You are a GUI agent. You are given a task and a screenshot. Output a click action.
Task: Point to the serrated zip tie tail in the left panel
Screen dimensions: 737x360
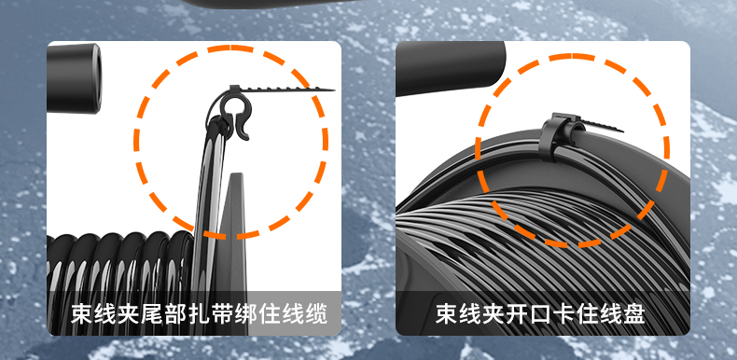pyautogui.click(x=282, y=89)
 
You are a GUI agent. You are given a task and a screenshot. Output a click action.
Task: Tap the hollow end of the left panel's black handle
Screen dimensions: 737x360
pyautogui.click(x=95, y=77)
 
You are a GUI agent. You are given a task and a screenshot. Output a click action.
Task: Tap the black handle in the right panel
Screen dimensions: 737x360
pyautogui.click(x=451, y=67)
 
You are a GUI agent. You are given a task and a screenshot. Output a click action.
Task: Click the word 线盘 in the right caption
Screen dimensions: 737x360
pyautogui.click(x=621, y=313)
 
